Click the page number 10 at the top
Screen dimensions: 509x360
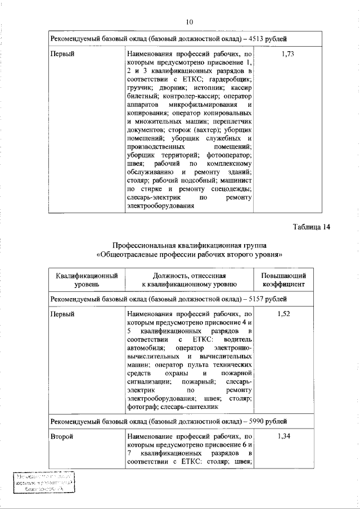(189, 22)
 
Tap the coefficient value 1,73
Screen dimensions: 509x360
(287, 54)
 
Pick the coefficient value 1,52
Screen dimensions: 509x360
(283, 314)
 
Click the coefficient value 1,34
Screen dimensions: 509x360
(283, 436)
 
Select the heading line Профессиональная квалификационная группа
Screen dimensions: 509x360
(190, 246)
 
